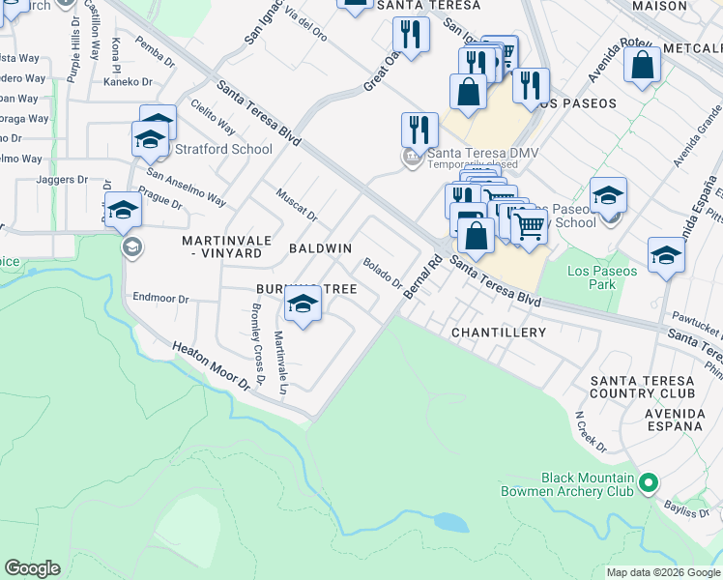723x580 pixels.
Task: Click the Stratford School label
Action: coord(223,149)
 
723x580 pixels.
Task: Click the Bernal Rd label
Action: coord(421,276)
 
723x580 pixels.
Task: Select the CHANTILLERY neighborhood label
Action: coord(499,333)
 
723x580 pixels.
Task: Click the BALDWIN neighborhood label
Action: coord(320,248)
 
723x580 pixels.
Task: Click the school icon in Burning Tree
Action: coord(304,306)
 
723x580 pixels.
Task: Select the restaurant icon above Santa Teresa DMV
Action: coord(419,130)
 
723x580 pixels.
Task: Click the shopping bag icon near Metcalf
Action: coord(643,66)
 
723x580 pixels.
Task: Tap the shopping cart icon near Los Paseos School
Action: coord(529,228)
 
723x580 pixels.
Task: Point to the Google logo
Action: coord(33,568)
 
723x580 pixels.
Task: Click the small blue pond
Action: coord(451,523)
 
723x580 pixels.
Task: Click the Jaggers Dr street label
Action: coord(62,180)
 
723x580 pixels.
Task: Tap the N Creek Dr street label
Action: coord(590,432)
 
